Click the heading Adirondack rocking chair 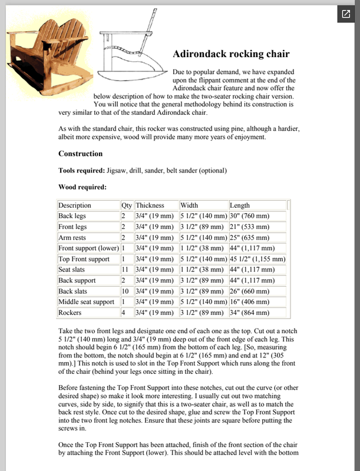click(x=231, y=55)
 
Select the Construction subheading click(x=80, y=154)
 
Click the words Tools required click(x=81, y=171)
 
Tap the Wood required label click(x=82, y=188)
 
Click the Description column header click(x=75, y=205)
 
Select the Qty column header click(x=127, y=205)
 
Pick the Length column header click(x=240, y=205)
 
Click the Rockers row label click(x=70, y=313)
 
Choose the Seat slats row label click(x=72, y=270)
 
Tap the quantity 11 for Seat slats click(x=125, y=270)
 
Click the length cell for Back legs click(x=249, y=216)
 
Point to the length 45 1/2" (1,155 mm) click(x=257, y=259)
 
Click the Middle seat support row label click(x=86, y=302)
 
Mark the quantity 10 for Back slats click(x=125, y=291)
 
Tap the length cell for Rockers click(x=249, y=313)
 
